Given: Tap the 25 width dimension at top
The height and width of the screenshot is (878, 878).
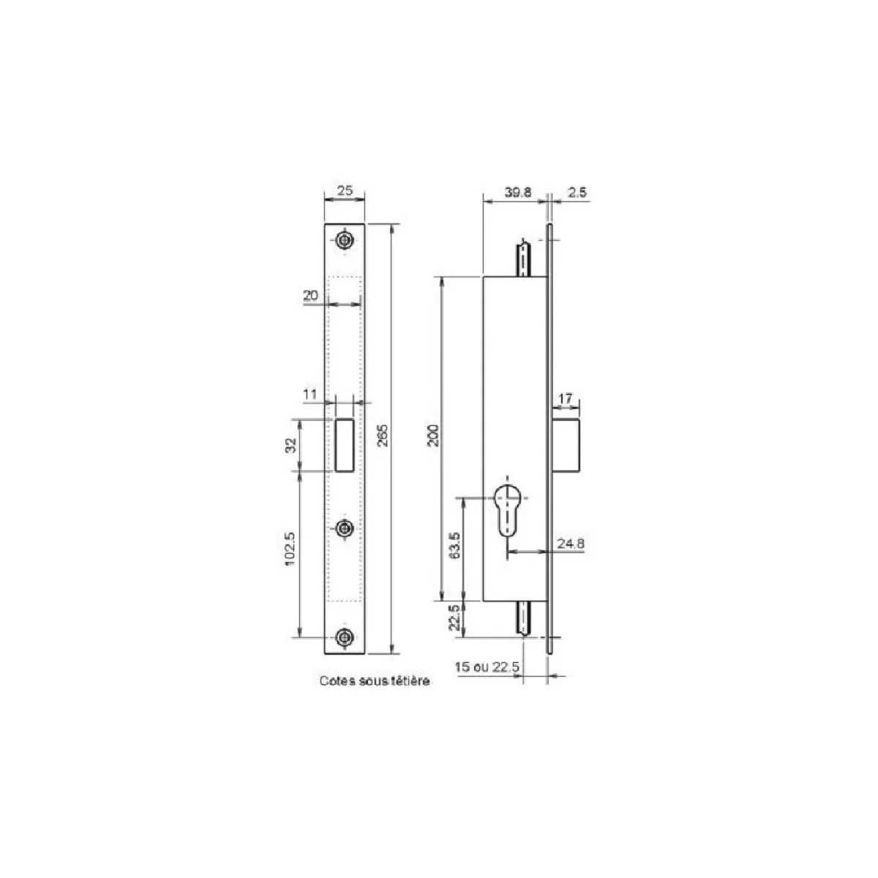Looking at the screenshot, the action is (345, 190).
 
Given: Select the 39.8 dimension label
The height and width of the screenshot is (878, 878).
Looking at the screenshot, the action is (518, 192).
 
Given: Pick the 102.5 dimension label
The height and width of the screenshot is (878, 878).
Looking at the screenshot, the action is (290, 549).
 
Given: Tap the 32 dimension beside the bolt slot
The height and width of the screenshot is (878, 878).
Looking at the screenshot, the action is (292, 445).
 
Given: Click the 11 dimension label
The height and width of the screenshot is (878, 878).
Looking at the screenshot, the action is (309, 394).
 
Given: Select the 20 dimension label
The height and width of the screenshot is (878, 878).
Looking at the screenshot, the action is (311, 296).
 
